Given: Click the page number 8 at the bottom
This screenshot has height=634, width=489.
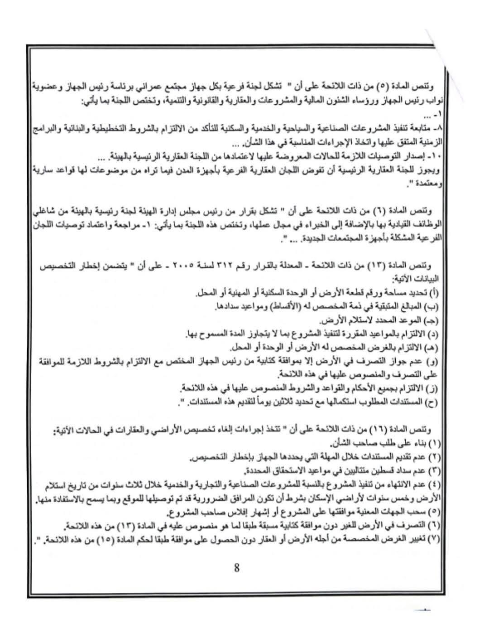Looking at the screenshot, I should pyautogui.click(x=236, y=568).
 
